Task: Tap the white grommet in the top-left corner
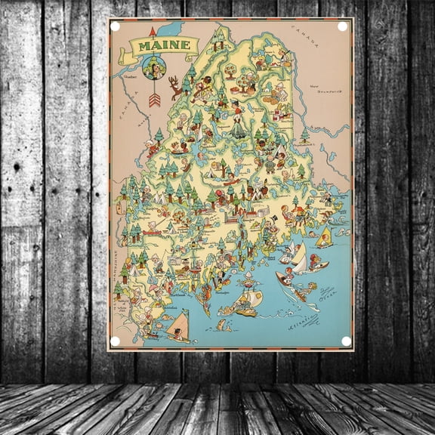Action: pyautogui.click(x=116, y=26)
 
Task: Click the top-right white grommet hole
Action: pyautogui.click(x=342, y=26)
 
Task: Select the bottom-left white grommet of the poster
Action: pyautogui.click(x=116, y=341)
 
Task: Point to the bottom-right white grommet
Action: pyautogui.click(x=346, y=341)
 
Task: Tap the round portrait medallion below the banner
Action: pyautogui.click(x=154, y=69)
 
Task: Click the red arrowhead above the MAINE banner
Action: pyautogui.click(x=153, y=32)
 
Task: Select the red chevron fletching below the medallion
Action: pyautogui.click(x=154, y=98)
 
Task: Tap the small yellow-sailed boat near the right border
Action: pyautogui.click(x=324, y=238)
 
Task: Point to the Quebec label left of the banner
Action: pyautogui.click(x=130, y=76)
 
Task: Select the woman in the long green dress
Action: pyautogui.click(x=239, y=125)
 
